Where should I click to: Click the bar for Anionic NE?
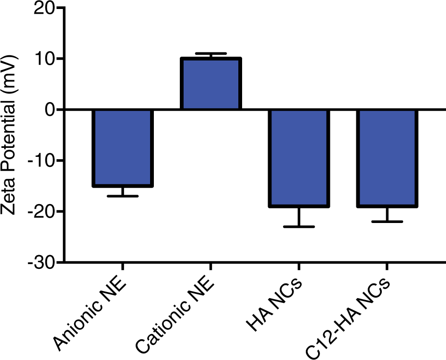[x=123, y=148]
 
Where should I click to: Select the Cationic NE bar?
[x=211, y=84]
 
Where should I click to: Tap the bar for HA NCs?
[x=299, y=158]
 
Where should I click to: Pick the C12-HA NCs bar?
[x=387, y=158]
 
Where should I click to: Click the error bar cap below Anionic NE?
[x=123, y=196]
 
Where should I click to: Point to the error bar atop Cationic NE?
[x=211, y=53]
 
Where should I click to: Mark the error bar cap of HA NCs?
[x=299, y=227]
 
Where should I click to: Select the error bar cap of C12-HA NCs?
[x=387, y=222]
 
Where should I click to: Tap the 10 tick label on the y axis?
[x=45, y=59]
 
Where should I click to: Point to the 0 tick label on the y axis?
[x=50, y=110]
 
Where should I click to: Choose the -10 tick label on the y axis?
[x=41, y=161]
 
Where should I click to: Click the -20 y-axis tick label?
[x=41, y=211]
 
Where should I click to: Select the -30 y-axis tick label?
[x=41, y=262]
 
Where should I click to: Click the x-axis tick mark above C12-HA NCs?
[x=387, y=267]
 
